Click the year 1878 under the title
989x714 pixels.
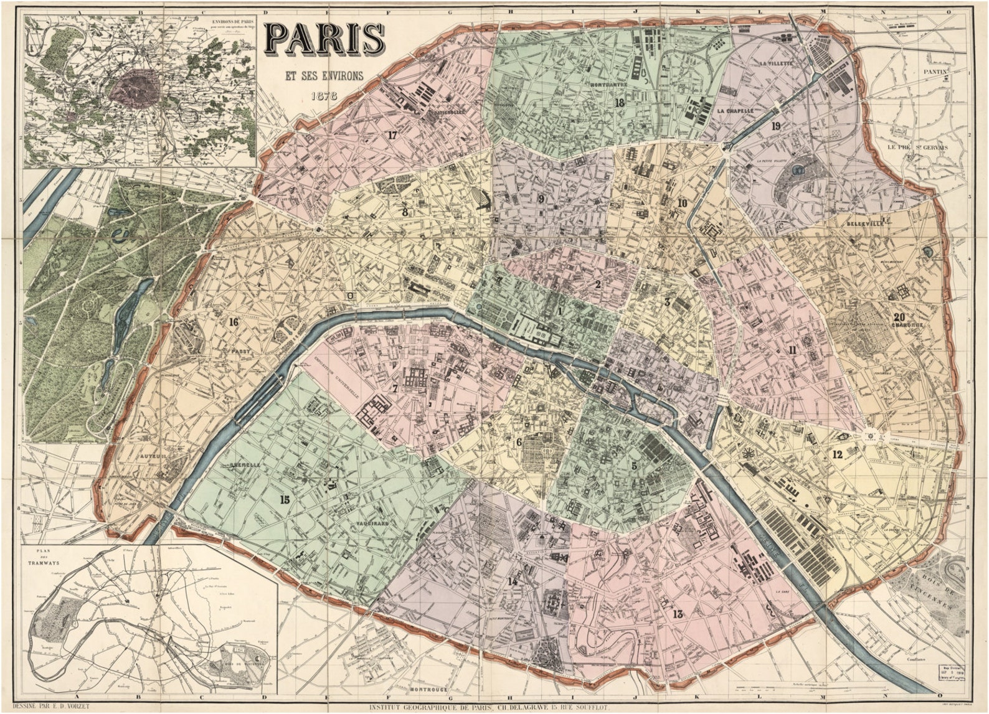tap(323, 97)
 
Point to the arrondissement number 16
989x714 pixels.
tap(234, 322)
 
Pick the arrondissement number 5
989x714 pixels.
tap(634, 465)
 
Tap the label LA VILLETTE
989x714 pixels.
tap(775, 63)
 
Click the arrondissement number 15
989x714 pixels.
tap(285, 499)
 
